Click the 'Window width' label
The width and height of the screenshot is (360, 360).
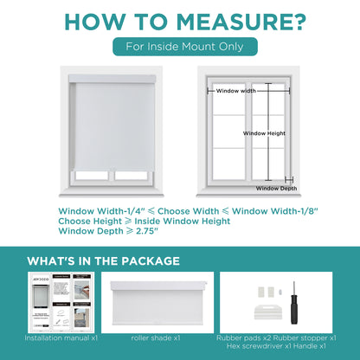(x=235, y=90)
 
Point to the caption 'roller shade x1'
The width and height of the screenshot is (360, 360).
(x=160, y=338)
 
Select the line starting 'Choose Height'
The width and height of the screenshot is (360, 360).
(x=144, y=221)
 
